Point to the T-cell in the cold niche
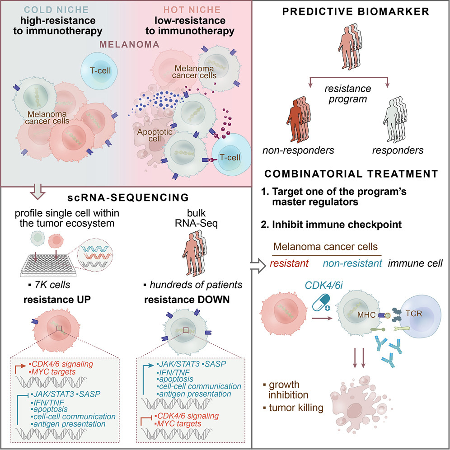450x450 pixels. click(100, 71)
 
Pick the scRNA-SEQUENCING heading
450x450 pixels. click(125, 198)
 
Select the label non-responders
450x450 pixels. click(298, 150)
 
